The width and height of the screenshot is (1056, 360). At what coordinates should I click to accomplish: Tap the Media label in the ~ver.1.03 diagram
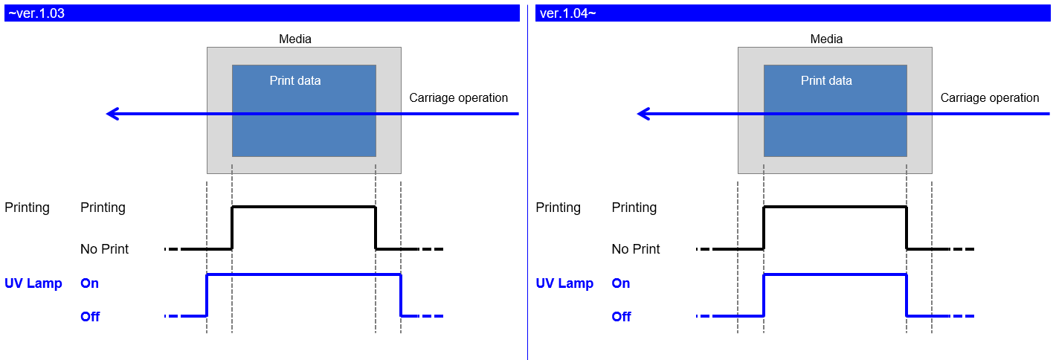295,39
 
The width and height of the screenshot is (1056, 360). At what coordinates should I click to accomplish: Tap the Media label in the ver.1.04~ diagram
826,39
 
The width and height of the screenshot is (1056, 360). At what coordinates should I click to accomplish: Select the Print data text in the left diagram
295,80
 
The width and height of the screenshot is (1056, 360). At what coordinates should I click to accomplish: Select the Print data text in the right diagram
826,80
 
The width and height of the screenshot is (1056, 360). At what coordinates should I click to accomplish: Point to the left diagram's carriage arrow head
112,114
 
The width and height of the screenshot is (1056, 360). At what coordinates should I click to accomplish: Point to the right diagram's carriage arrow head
643,114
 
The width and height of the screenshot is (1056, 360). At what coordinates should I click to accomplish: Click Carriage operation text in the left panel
458,97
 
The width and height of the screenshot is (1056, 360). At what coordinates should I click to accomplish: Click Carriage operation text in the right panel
989,97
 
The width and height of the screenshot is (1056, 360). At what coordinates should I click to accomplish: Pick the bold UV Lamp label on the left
33,283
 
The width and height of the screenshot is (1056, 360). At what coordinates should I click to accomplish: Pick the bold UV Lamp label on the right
564,283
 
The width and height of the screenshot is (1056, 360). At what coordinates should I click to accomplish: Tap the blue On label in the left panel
89,283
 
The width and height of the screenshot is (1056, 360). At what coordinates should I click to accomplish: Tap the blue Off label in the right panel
621,317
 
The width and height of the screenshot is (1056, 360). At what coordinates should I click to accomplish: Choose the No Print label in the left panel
104,249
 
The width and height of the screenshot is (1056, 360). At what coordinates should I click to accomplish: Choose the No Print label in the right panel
635,249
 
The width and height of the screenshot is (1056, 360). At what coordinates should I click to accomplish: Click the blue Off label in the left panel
90,317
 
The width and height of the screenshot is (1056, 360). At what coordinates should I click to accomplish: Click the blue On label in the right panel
620,283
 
